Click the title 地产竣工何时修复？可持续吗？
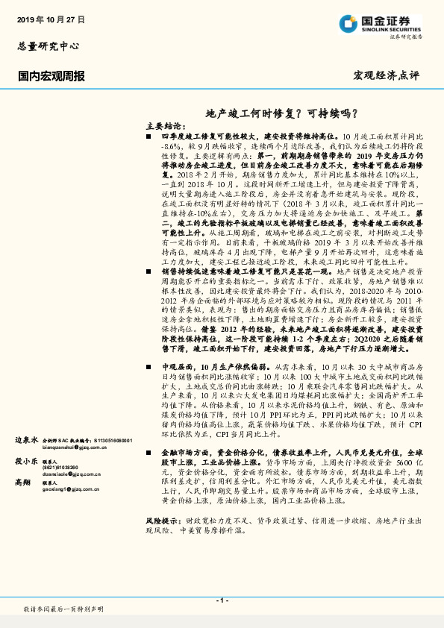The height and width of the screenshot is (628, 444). [x=280, y=113]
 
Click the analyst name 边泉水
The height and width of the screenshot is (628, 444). [x=27, y=442]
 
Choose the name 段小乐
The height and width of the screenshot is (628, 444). [x=27, y=462]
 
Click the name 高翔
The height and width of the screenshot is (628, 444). [x=24, y=483]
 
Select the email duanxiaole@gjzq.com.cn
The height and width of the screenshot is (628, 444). [x=73, y=472]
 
